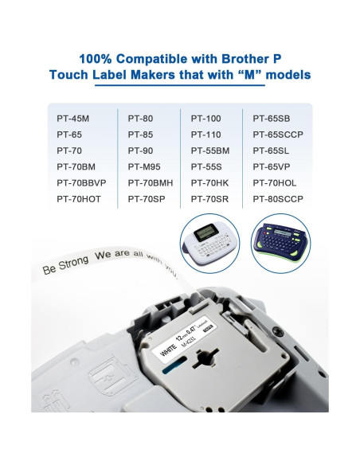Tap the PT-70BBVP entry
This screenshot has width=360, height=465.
tap(81, 182)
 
